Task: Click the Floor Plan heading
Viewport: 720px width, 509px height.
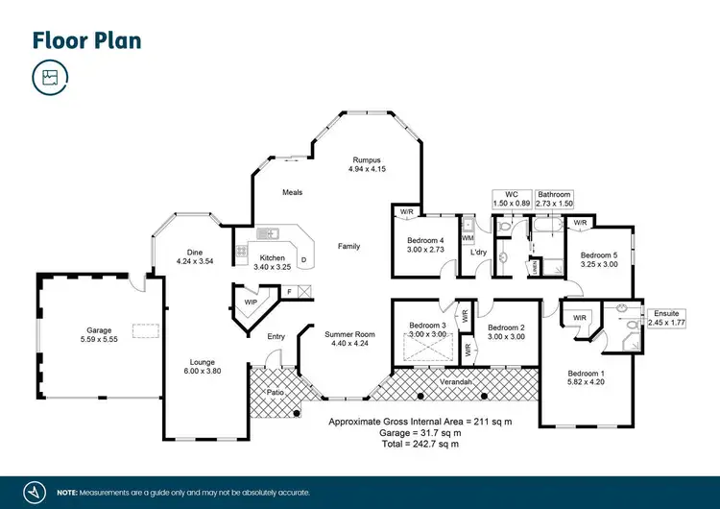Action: tap(86, 39)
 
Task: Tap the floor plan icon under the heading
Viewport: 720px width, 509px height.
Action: tap(49, 78)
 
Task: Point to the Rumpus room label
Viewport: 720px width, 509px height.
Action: tap(367, 164)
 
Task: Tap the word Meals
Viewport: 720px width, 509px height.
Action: tap(292, 192)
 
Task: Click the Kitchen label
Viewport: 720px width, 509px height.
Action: tap(272, 262)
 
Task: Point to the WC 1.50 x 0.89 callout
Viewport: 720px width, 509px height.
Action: tap(511, 199)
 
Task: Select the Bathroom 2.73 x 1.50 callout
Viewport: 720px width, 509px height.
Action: tap(555, 199)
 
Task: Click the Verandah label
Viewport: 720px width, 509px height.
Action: tap(456, 382)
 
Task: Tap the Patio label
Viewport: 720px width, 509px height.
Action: tap(276, 392)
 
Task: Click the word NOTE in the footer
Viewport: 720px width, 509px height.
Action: tap(67, 493)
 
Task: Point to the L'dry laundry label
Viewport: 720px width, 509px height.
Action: tap(478, 252)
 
